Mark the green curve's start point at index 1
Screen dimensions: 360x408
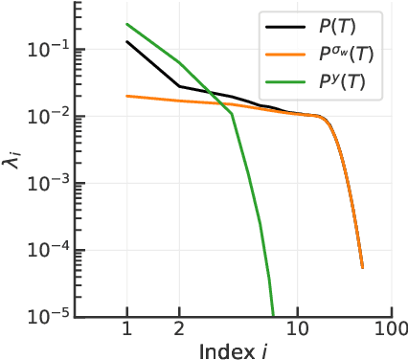[126, 24]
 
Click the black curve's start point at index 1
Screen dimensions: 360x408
[126, 42]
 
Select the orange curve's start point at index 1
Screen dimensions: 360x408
[126, 96]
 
